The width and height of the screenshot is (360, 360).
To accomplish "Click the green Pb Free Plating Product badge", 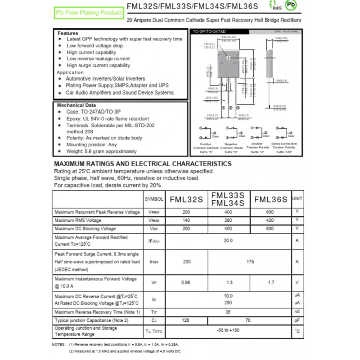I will (89, 13).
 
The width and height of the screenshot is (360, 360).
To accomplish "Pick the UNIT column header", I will (297, 198).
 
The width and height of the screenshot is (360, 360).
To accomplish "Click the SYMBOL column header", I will (153, 199).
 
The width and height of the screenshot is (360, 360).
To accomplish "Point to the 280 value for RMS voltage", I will (228, 220).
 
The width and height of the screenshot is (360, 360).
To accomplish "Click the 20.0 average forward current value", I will (228, 241).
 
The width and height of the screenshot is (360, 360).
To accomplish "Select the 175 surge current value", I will (249, 261).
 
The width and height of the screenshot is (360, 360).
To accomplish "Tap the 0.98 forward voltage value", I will (185, 282).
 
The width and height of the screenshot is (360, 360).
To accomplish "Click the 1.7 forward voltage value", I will (270, 282).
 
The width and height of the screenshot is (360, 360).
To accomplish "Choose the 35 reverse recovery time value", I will (228, 311).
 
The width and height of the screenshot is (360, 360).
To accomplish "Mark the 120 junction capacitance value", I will (185, 320).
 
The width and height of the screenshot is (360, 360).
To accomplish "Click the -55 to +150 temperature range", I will (228, 331).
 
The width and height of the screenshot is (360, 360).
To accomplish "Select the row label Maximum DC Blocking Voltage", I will (85, 229).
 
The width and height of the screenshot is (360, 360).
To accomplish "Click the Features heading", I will (68, 33).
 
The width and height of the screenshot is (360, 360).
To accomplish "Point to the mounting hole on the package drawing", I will (228, 58).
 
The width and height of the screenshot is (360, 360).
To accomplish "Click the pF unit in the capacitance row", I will (297, 320).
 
